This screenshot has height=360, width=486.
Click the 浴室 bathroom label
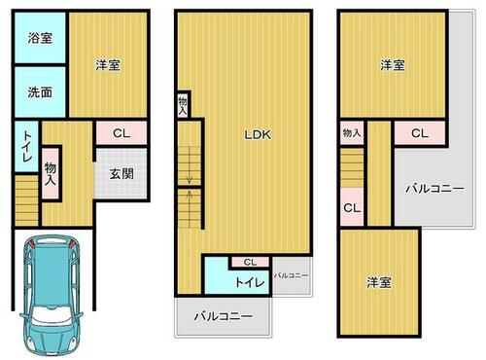(x=40, y=38)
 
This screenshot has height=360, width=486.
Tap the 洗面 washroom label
(x=40, y=92)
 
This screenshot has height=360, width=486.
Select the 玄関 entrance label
(x=121, y=174)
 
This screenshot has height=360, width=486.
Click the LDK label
(x=258, y=134)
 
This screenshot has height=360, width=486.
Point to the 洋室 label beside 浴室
(x=108, y=65)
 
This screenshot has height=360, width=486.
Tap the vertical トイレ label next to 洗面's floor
(x=26, y=146)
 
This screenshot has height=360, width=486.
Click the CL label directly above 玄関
(x=121, y=133)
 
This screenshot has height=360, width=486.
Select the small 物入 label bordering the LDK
(x=183, y=106)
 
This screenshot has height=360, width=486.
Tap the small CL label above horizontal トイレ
(x=250, y=262)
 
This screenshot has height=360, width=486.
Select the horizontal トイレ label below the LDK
(x=250, y=282)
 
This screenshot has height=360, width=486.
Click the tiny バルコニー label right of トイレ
(x=291, y=275)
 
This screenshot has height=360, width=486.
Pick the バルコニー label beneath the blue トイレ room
(x=224, y=316)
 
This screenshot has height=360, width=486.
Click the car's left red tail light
(x=31, y=244)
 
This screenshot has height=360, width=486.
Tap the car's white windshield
(x=52, y=314)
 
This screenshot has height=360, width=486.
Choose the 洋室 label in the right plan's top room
(x=393, y=65)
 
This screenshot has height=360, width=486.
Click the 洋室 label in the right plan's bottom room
(x=379, y=282)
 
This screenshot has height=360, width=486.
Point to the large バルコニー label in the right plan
(x=435, y=189)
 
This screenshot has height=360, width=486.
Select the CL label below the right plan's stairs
(x=352, y=207)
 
